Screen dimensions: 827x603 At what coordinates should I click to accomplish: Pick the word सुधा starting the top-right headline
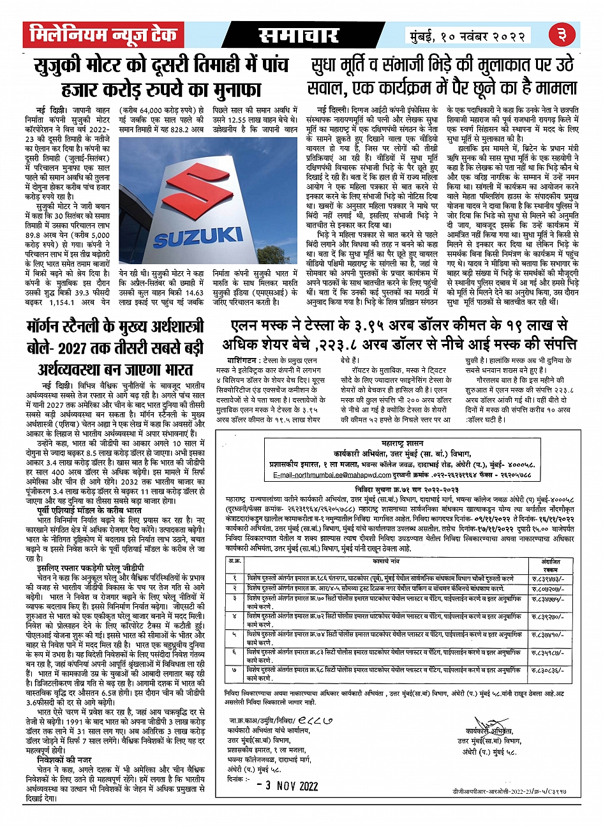[327, 65]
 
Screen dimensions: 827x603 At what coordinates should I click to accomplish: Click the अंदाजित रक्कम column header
[542, 546]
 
